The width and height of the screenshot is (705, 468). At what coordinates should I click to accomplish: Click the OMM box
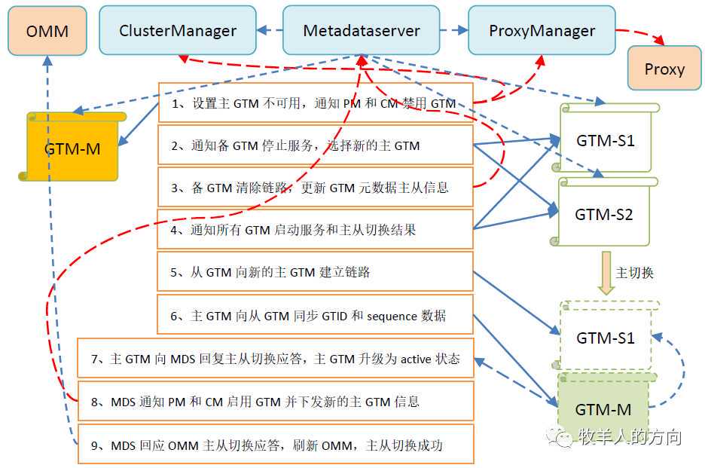pyautogui.click(x=47, y=32)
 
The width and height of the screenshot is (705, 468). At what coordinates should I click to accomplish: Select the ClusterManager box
pyautogui.click(x=177, y=31)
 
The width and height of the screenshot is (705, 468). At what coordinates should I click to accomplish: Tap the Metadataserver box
pyautogui.click(x=361, y=31)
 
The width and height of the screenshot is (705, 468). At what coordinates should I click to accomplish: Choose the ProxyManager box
pyautogui.click(x=542, y=31)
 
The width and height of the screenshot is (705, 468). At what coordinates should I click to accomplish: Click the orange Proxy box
pyautogui.click(x=664, y=69)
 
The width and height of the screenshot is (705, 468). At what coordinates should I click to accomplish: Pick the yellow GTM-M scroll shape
pyautogui.click(x=72, y=148)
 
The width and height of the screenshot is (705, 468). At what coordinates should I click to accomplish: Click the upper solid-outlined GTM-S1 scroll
pyautogui.click(x=606, y=141)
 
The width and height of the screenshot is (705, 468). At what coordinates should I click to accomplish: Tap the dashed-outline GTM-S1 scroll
pyautogui.click(x=606, y=338)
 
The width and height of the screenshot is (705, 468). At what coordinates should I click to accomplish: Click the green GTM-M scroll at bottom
pyautogui.click(x=603, y=409)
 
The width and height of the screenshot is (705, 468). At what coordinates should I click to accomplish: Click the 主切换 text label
pyautogui.click(x=635, y=273)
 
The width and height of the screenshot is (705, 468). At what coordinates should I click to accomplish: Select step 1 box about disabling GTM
pyautogui.click(x=315, y=103)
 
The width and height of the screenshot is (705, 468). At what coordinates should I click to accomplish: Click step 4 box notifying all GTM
pyautogui.click(x=315, y=230)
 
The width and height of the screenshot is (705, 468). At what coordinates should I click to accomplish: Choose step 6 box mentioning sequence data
pyautogui.click(x=315, y=316)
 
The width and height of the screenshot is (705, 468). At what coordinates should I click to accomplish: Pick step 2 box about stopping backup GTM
pyautogui.click(x=315, y=145)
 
